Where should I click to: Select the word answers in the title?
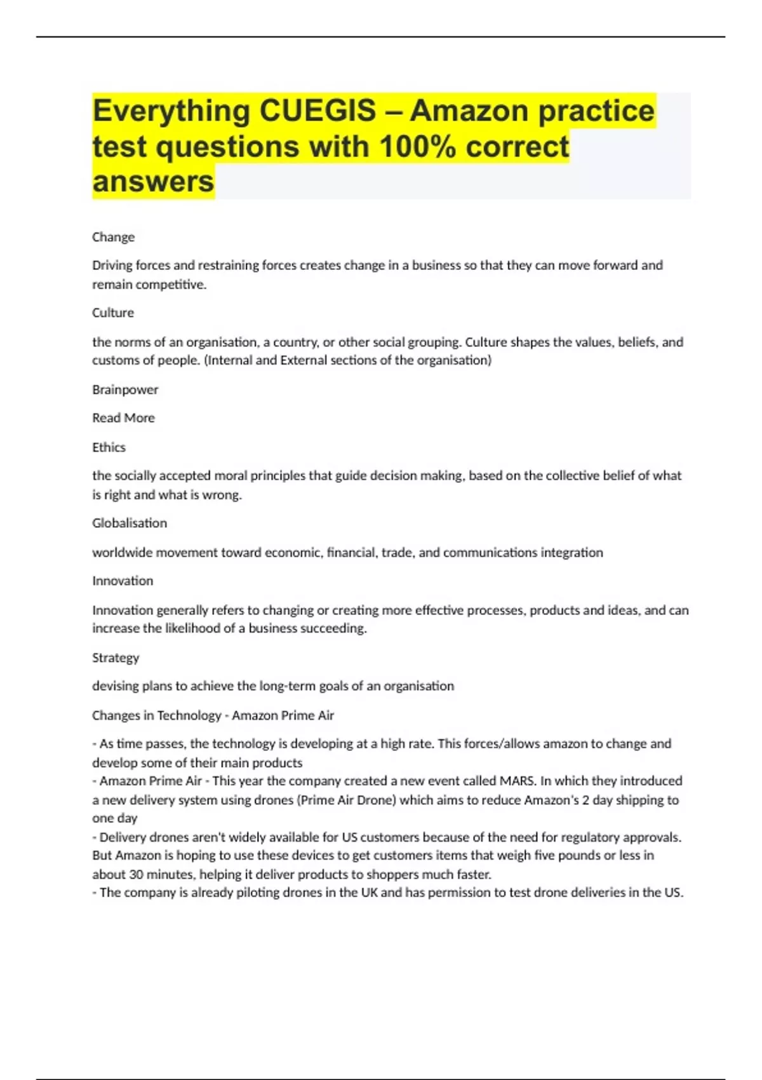point(153,182)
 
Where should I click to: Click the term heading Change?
point(113,237)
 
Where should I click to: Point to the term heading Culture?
point(113,313)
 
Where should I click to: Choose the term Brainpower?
point(125,389)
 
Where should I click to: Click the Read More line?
point(123,418)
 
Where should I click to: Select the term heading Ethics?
point(109,447)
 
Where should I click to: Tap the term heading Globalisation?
point(130,523)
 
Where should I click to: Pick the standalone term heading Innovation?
point(123,581)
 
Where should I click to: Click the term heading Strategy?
point(116,658)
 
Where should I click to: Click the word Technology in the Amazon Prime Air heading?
point(189,715)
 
